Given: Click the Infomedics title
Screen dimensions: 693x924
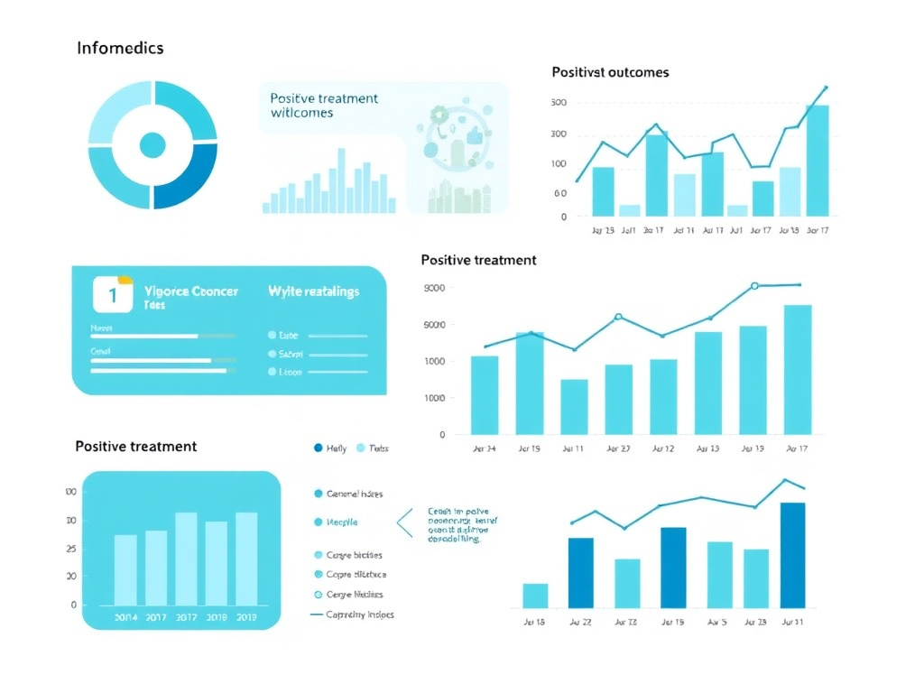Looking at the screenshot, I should (120, 48).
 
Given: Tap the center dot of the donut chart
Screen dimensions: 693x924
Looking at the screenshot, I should (152, 144).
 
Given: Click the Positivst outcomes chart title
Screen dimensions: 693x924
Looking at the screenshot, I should (610, 71).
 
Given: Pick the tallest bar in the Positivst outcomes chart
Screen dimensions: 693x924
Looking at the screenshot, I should (817, 161).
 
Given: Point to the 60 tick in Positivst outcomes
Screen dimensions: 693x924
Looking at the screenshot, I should (560, 193).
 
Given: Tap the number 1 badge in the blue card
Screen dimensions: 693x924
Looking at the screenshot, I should (113, 294).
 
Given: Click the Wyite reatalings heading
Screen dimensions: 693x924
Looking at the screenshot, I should (314, 291).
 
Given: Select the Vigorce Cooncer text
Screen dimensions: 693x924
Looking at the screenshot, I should (190, 291).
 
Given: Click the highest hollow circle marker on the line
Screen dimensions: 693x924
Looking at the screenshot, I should (754, 286).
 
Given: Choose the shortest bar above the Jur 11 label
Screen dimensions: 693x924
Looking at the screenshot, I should (574, 406).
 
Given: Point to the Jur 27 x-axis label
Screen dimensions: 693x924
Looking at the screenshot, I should (618, 448).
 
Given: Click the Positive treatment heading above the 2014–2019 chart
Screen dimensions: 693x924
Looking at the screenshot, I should (135, 446).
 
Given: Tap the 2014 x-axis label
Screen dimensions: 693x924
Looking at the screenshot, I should (125, 618).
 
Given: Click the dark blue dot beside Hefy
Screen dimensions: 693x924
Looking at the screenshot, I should (318, 448).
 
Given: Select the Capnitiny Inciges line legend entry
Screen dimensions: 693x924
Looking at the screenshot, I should (352, 614).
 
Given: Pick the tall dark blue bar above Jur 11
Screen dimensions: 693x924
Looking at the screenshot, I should (792, 555).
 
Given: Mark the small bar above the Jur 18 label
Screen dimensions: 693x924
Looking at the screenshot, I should (535, 596).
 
